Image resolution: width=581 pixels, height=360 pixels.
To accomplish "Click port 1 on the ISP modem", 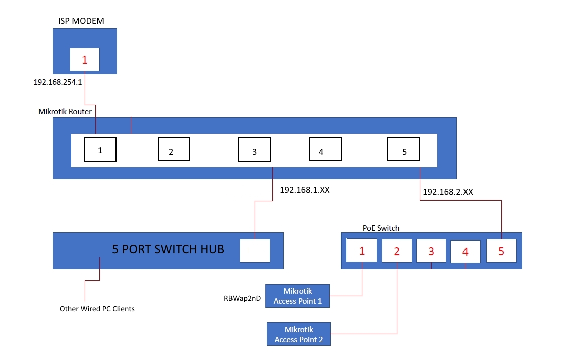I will [x=84, y=60].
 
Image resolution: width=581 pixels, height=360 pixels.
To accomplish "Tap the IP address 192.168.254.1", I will [x=58, y=81].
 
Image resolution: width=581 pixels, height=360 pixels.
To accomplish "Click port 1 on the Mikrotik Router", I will [x=100, y=150].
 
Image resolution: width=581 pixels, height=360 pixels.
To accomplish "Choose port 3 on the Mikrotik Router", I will [x=254, y=151].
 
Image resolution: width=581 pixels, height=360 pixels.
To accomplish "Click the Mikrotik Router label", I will [x=65, y=111].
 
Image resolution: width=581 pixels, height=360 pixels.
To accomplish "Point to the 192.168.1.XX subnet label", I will [x=305, y=190].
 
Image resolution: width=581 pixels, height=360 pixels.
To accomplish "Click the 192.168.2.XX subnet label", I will [x=448, y=191].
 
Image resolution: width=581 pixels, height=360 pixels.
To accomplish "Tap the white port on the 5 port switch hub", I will [x=255, y=251].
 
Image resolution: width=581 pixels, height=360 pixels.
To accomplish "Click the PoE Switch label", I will [x=381, y=228].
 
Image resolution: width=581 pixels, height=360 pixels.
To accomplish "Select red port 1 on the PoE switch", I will [x=362, y=251].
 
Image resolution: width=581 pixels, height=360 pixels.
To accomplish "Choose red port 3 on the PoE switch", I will [x=431, y=251].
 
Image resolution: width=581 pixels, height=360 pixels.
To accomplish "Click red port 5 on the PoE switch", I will [x=501, y=251].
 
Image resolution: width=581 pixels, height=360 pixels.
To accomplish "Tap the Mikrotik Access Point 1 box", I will [x=298, y=296].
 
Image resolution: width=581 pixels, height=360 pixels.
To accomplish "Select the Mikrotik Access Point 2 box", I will [x=299, y=334].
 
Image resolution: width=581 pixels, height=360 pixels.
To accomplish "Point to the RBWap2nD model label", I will [x=242, y=298].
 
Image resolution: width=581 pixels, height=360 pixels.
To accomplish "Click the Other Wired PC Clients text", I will [x=97, y=309].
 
